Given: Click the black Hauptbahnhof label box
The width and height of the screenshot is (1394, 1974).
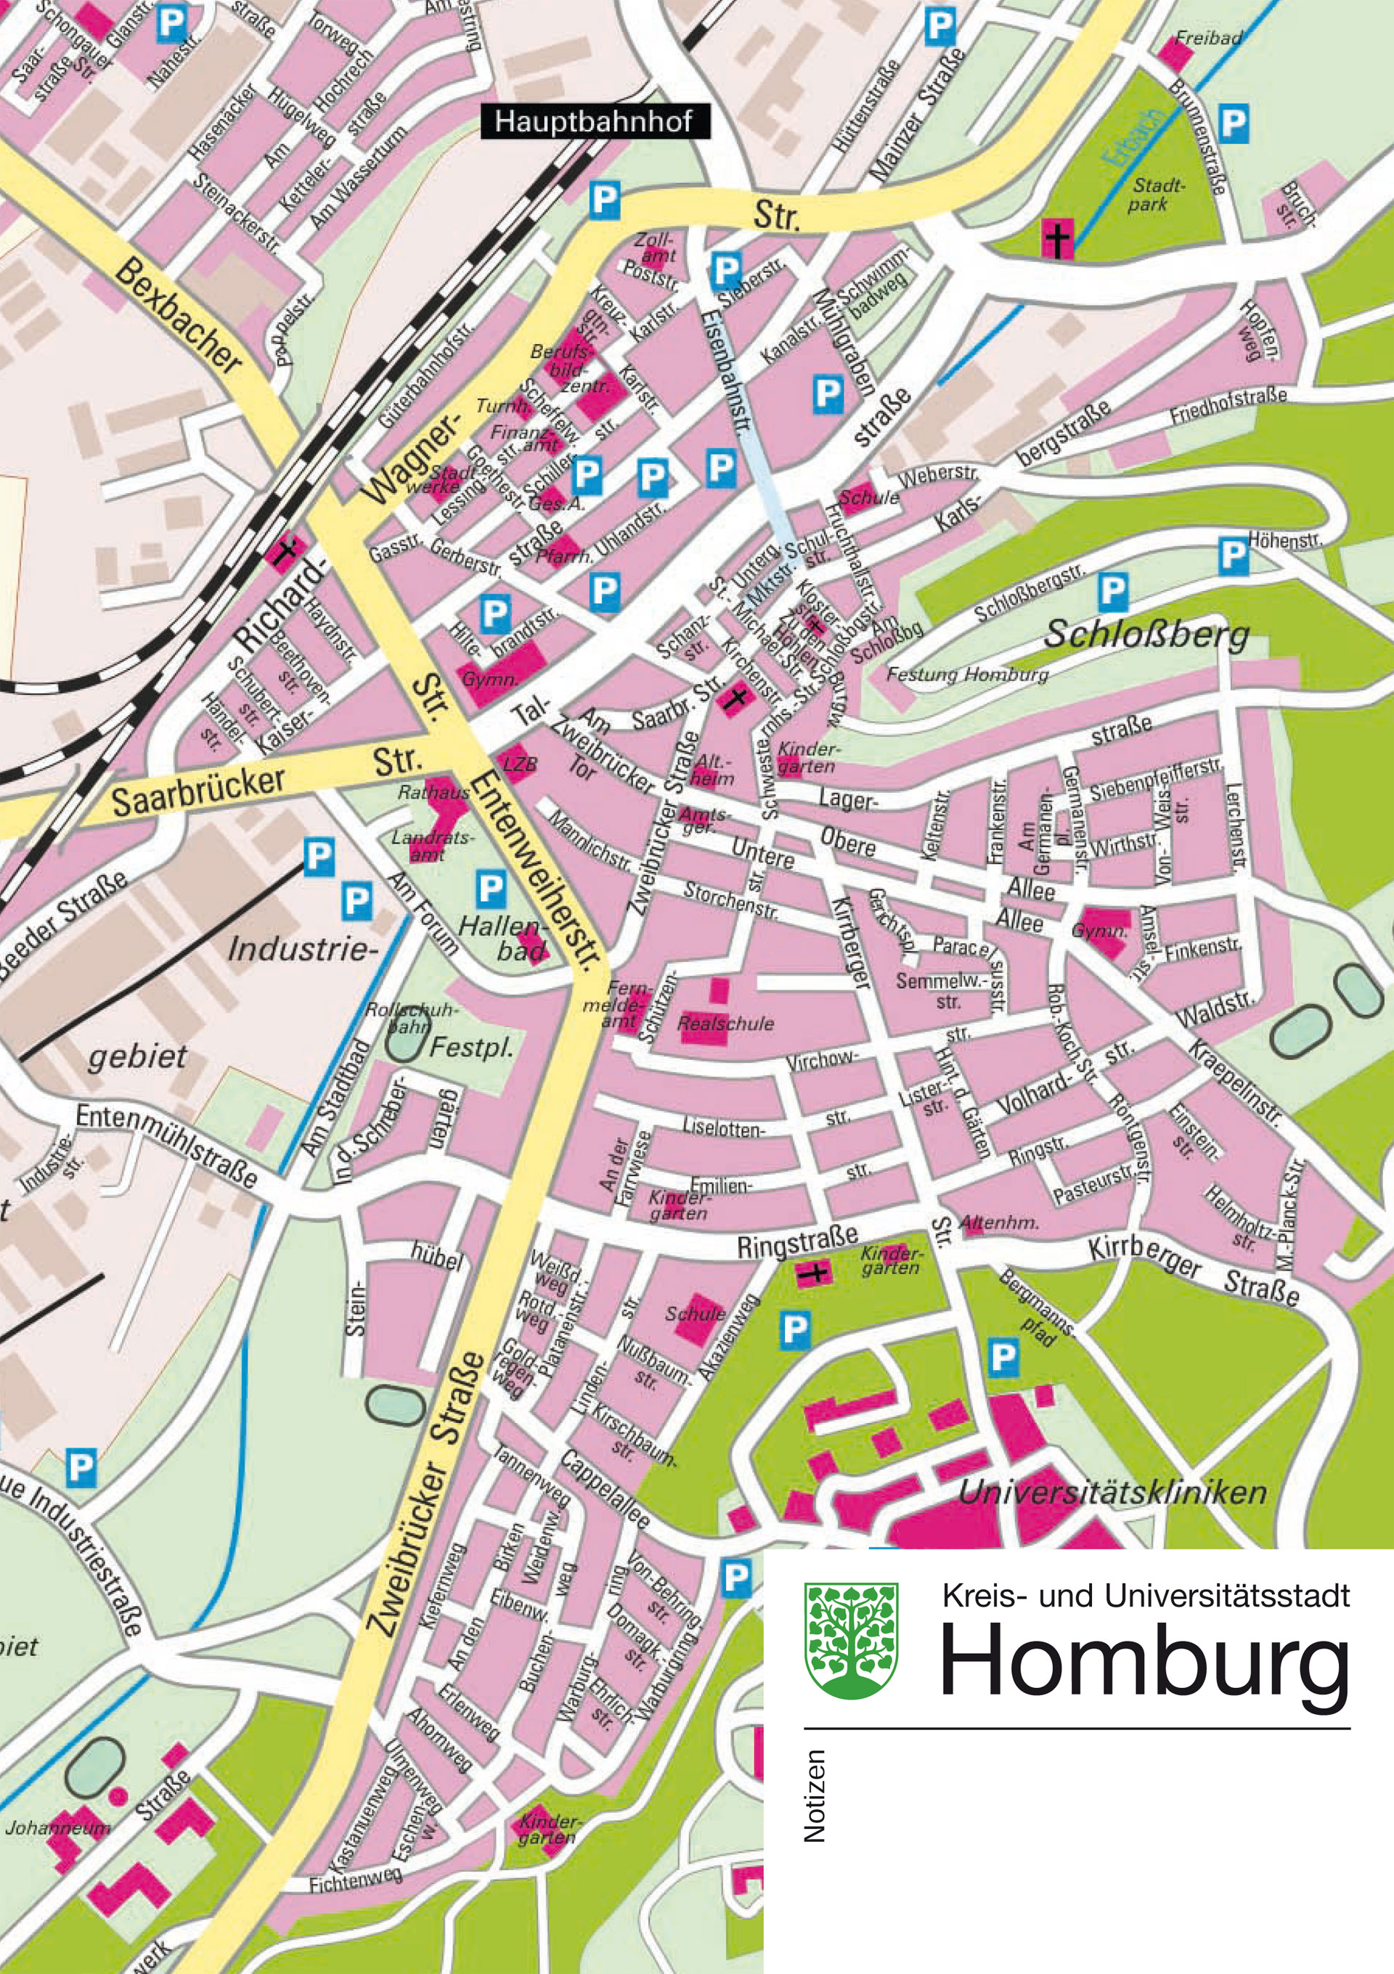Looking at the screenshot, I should pyautogui.click(x=594, y=121).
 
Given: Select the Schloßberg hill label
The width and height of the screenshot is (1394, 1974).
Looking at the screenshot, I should pyautogui.click(x=1146, y=635).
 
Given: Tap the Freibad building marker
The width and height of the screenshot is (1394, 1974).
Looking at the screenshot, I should pyautogui.click(x=1174, y=53).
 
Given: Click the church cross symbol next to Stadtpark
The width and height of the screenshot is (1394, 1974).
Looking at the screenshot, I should pyautogui.click(x=1057, y=238).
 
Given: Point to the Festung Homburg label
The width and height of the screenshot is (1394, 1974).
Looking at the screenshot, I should pyautogui.click(x=968, y=674).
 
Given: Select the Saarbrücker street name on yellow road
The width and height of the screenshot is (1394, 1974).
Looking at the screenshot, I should pyautogui.click(x=197, y=789).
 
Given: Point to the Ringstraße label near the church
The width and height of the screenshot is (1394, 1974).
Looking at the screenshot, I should pyautogui.click(x=797, y=1241).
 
